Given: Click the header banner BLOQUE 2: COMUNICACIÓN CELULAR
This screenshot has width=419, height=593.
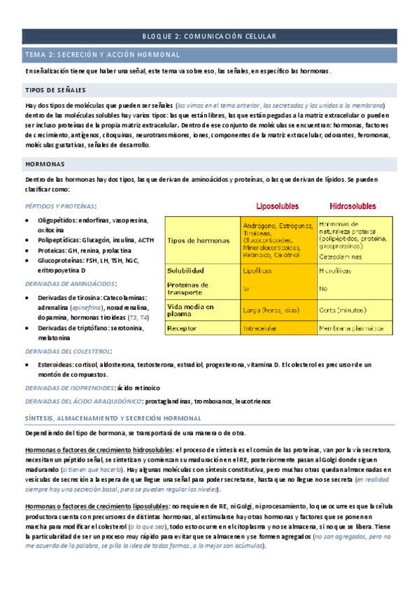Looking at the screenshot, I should pos(209,36).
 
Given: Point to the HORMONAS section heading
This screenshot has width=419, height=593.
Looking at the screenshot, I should pos(45,164).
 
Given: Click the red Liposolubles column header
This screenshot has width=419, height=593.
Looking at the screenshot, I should pos(278,207).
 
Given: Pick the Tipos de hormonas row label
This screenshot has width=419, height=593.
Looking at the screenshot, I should pos(199,241).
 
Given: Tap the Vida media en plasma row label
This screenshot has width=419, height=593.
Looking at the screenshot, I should pos(191,310).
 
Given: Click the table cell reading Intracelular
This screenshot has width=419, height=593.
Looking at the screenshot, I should pos(261,327).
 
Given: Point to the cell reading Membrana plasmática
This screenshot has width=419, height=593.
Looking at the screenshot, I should pos(353,327).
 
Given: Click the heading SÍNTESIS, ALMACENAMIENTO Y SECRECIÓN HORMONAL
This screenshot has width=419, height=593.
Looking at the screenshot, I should pos(113,417).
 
